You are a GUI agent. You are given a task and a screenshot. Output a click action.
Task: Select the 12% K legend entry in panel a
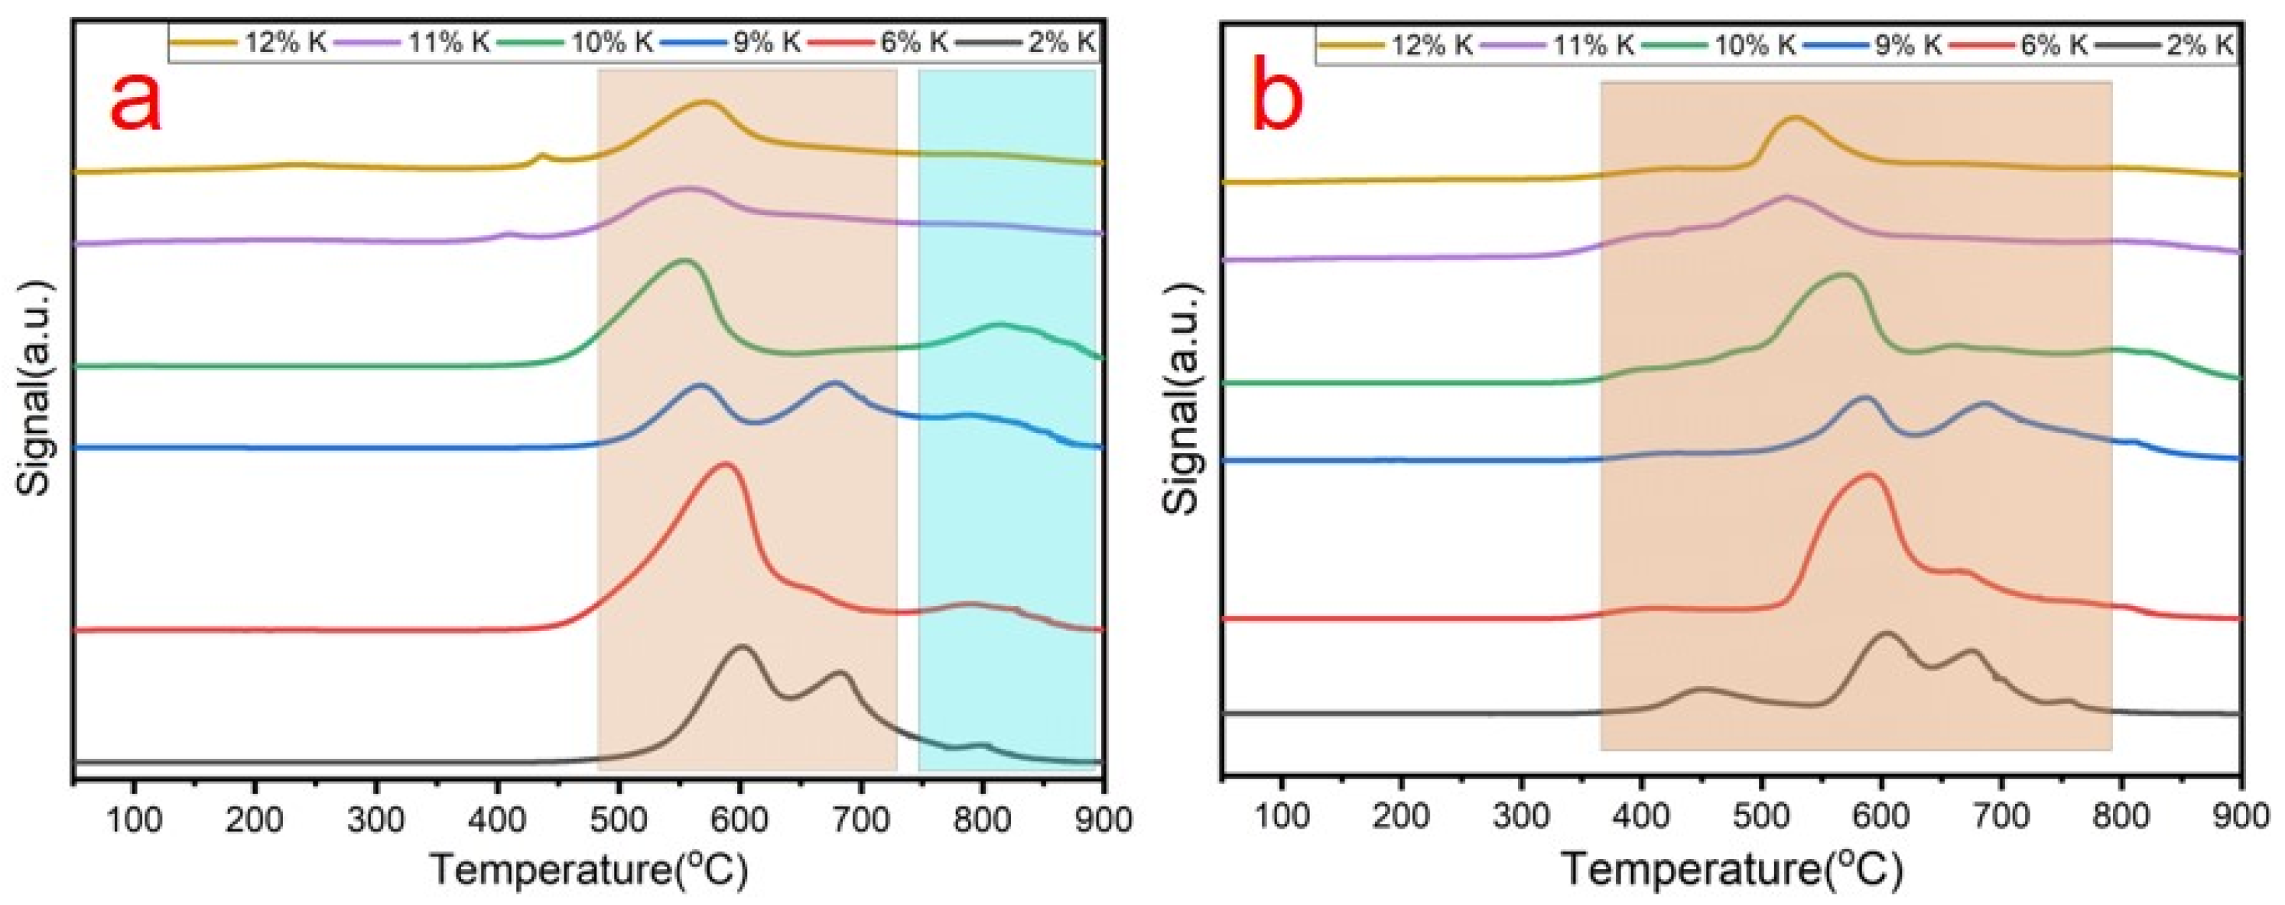(x=251, y=42)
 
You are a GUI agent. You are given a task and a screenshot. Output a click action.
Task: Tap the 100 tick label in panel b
(x=1280, y=819)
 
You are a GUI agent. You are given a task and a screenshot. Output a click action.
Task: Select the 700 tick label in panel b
(x=2001, y=819)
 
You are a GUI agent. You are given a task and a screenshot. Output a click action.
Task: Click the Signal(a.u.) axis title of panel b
(x=1182, y=399)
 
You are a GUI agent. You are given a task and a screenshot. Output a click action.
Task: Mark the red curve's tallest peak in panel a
(x=726, y=464)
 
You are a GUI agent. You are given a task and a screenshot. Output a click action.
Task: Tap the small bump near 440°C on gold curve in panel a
(x=543, y=155)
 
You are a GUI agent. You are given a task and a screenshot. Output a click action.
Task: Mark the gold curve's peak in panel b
(x=1788, y=142)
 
